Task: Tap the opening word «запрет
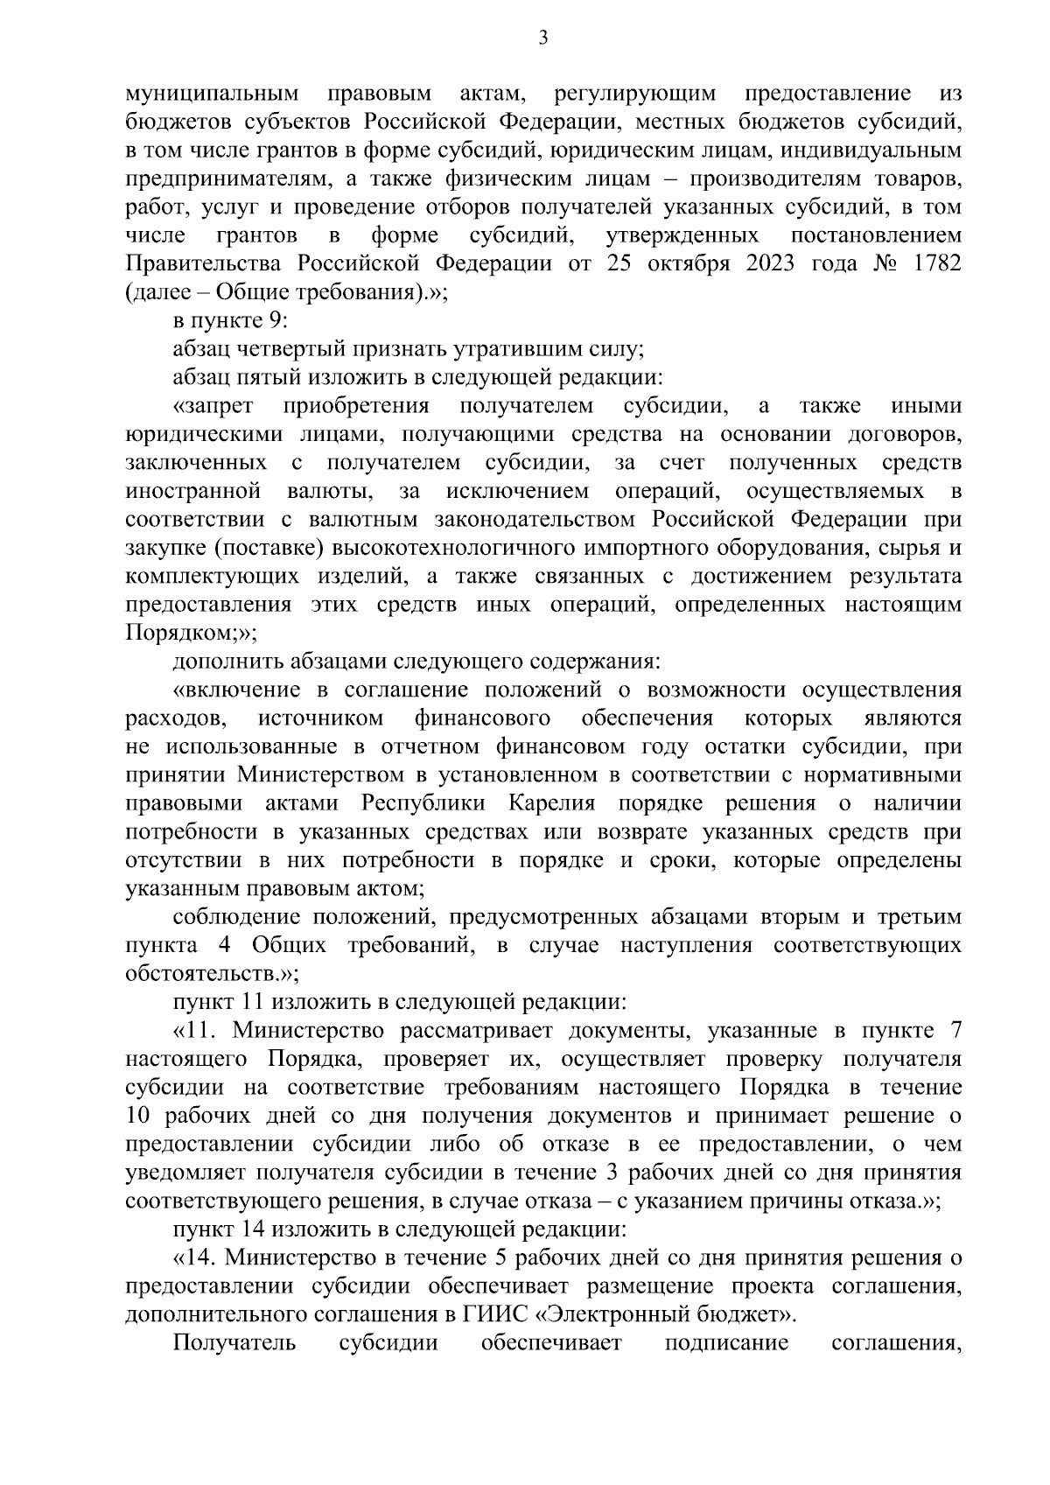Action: pos(213,406)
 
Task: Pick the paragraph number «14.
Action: pos(195,1258)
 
